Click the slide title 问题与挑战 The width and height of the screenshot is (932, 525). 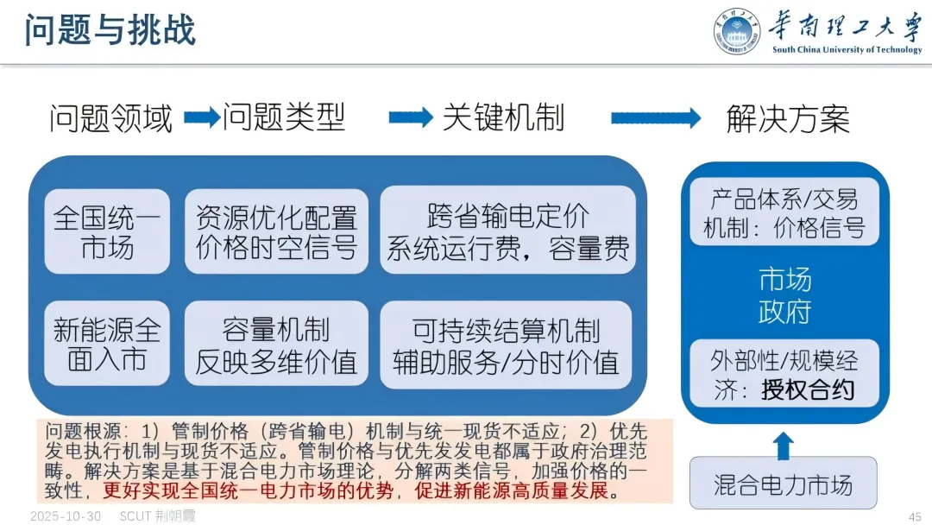coord(110,29)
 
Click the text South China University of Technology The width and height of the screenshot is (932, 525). coord(847,50)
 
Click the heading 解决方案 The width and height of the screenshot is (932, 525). coord(787,119)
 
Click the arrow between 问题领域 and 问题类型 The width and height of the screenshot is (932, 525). coord(202,118)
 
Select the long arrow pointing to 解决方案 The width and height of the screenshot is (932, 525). coord(656,118)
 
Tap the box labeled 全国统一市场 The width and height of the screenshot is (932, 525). coord(107,231)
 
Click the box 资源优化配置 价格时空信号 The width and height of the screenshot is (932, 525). coord(276,231)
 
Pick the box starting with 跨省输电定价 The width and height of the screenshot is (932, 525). coord(507,231)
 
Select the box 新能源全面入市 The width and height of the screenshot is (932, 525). coord(107,344)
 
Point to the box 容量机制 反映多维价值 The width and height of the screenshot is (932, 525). coord(276,344)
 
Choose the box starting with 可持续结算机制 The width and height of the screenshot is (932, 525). coord(507,344)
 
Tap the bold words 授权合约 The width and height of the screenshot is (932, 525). coord(808,390)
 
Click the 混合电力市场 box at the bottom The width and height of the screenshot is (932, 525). coord(784,484)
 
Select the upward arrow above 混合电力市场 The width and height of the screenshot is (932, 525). coord(783,446)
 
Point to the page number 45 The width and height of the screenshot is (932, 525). coord(915,516)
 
